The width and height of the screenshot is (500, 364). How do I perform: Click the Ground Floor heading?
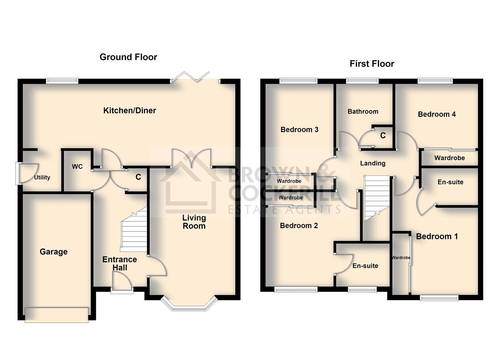point(129,57)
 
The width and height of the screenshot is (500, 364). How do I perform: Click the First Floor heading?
point(372,64)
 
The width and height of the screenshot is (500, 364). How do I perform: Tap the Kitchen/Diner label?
point(130,111)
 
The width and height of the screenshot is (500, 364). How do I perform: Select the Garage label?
point(54,252)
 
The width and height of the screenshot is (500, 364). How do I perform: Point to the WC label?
point(77,167)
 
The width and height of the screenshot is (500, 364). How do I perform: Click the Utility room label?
point(42,177)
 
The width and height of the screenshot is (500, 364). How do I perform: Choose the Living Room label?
point(194,222)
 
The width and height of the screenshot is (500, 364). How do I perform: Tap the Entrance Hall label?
point(120,263)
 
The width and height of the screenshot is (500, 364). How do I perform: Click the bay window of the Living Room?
point(189,304)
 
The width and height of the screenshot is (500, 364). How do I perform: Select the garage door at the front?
point(57,315)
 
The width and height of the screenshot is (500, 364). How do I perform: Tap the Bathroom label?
point(363,112)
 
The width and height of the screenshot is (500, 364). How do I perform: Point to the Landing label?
point(373,163)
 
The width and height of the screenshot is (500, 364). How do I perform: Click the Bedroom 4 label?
point(437,115)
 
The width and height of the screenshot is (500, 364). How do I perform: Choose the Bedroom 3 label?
point(299,129)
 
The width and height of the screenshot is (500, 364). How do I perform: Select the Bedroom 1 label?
point(437,237)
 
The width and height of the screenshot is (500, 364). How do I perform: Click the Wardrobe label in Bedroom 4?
point(450,158)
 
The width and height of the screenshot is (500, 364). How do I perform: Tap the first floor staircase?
point(377,198)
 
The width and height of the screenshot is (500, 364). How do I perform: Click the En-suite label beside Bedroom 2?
point(366,266)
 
